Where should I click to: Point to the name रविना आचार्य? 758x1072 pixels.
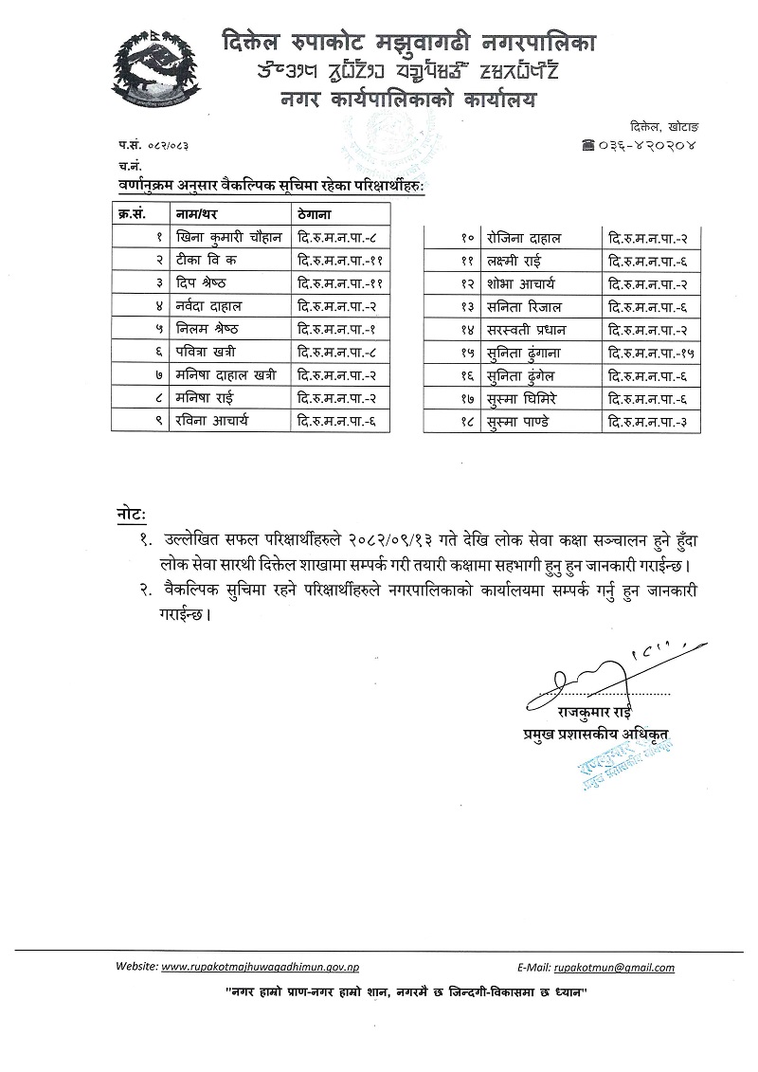coord(212,420)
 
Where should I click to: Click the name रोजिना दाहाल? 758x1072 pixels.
coord(523,238)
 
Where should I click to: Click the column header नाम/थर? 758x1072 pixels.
coord(197,214)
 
